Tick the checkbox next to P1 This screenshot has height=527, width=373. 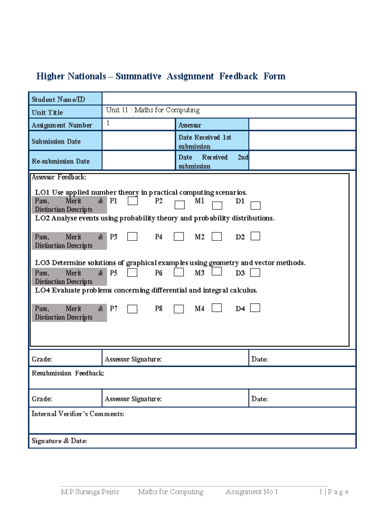tap(133, 201)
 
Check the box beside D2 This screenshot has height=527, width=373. tap(255, 236)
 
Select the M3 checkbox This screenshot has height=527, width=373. tap(217, 271)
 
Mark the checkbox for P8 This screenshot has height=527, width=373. tap(179, 309)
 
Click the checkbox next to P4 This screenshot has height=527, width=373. tap(179, 236)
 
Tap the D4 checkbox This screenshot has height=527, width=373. tap(255, 308)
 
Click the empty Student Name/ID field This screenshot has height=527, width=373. tap(229, 99)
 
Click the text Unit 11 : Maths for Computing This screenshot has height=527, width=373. tap(153, 110)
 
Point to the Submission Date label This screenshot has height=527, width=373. tap(56, 142)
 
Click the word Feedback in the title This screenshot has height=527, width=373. tap(238, 76)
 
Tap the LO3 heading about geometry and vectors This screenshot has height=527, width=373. tap(170, 263)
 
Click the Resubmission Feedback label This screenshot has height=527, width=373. tap(68, 373)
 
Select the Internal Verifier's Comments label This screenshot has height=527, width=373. tap(78, 414)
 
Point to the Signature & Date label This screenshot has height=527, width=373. tap(59, 441)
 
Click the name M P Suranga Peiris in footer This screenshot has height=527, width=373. tap(90, 492)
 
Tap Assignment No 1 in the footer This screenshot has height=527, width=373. tap(251, 492)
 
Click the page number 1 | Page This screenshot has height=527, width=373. tap(334, 492)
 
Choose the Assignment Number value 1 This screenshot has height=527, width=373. tap(108, 123)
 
